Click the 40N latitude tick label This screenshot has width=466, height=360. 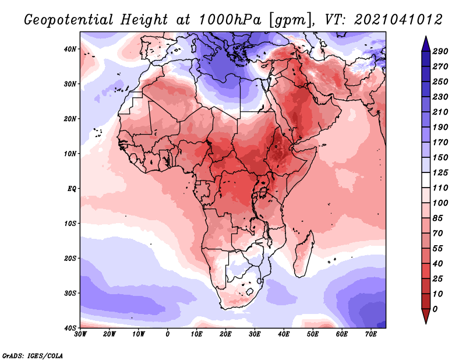click(70, 49)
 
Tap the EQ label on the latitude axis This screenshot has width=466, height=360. click(72, 189)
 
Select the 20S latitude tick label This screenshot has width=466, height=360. click(70, 258)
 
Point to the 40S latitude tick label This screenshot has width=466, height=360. click(70, 328)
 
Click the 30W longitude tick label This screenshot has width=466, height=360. click(80, 334)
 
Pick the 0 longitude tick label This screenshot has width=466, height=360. click(168, 334)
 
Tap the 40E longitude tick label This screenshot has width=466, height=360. click(284, 334)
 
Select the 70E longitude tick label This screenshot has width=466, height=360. click(371, 334)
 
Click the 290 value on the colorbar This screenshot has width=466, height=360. click(440, 51)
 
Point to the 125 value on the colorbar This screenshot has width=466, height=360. click(440, 172)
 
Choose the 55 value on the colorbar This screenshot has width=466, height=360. click(438, 249)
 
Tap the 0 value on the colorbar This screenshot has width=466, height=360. click(435, 309)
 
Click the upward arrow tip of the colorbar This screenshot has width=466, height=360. click(426, 37)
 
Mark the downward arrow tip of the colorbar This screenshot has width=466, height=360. click(426, 323)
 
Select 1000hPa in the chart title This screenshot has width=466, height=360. click(230, 20)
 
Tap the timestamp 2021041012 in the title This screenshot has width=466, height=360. click(398, 20)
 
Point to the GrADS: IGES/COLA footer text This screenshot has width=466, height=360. click(33, 356)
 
